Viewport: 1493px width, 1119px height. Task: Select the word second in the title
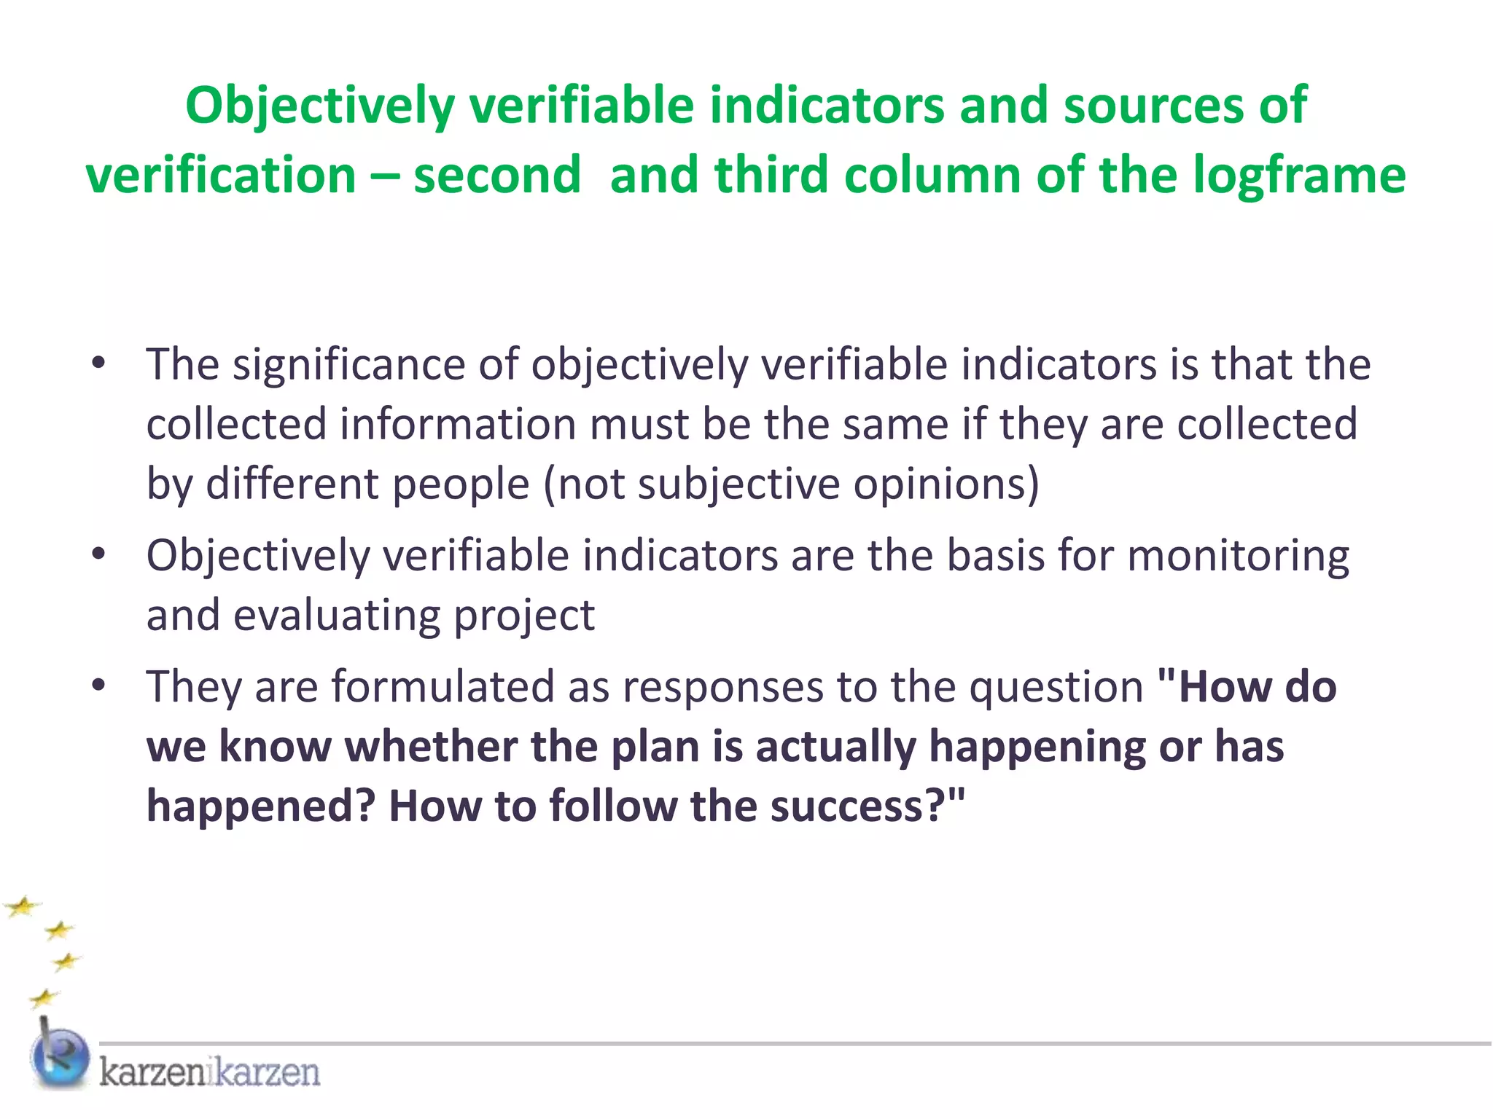pyautogui.click(x=497, y=176)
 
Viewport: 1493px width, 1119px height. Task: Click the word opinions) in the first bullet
pyautogui.click(x=946, y=484)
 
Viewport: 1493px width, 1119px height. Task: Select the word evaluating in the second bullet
pyautogui.click(x=337, y=616)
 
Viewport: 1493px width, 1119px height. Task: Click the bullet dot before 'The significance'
pyautogui.click(x=99, y=364)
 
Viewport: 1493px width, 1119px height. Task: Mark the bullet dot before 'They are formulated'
pyautogui.click(x=99, y=686)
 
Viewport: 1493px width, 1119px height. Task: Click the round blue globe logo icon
pyautogui.click(x=60, y=1058)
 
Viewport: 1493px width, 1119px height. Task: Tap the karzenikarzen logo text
pyautogui.click(x=210, y=1072)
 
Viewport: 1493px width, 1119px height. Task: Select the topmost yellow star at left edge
pyautogui.click(x=23, y=907)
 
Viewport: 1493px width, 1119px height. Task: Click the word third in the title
pyautogui.click(x=771, y=176)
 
